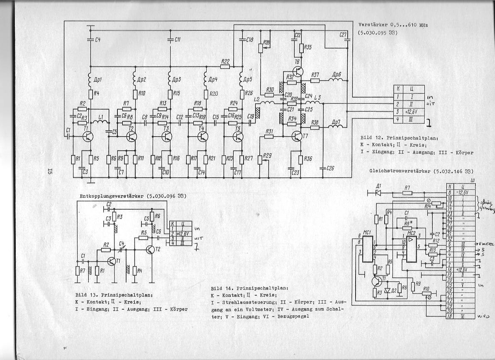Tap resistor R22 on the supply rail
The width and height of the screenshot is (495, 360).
(225, 66)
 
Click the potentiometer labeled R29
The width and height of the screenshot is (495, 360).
(260, 159)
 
